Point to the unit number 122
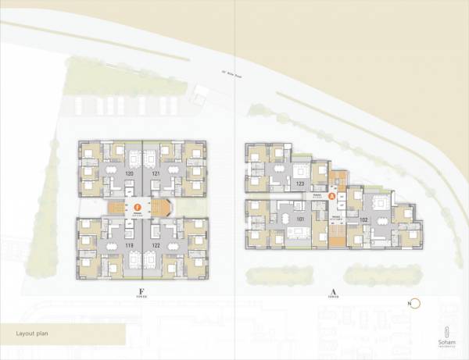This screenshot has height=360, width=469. click(156, 245)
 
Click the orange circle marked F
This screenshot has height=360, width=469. click(138, 208)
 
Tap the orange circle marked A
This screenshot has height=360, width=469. click(332, 198)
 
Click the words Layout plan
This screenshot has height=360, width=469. click(34, 333)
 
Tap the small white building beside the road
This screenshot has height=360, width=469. click(201, 95)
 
